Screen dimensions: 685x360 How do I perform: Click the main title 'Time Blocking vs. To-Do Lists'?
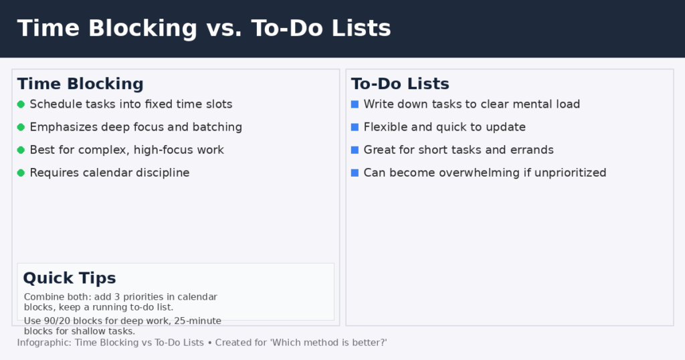tap(204, 28)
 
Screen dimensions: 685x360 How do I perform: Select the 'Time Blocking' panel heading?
tap(80, 84)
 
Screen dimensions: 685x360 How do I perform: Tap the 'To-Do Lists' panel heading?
tap(400, 84)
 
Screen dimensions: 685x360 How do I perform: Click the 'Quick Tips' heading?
tap(70, 278)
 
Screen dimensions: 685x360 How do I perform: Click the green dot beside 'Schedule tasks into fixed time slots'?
tap(21, 104)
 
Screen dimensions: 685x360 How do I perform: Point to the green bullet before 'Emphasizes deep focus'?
tap(21, 127)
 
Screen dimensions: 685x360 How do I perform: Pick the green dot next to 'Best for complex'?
tap(21, 150)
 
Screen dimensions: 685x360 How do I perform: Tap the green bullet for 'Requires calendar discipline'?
tap(21, 173)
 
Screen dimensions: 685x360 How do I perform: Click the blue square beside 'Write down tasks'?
tap(355, 104)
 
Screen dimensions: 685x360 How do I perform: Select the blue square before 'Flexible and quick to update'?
tap(355, 127)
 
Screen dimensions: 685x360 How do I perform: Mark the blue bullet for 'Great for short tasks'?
tap(355, 150)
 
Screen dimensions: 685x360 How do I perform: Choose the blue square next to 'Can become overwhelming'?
tap(355, 173)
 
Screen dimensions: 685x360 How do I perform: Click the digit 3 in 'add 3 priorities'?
tap(116, 296)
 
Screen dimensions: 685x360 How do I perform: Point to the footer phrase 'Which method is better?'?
tap(328, 343)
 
